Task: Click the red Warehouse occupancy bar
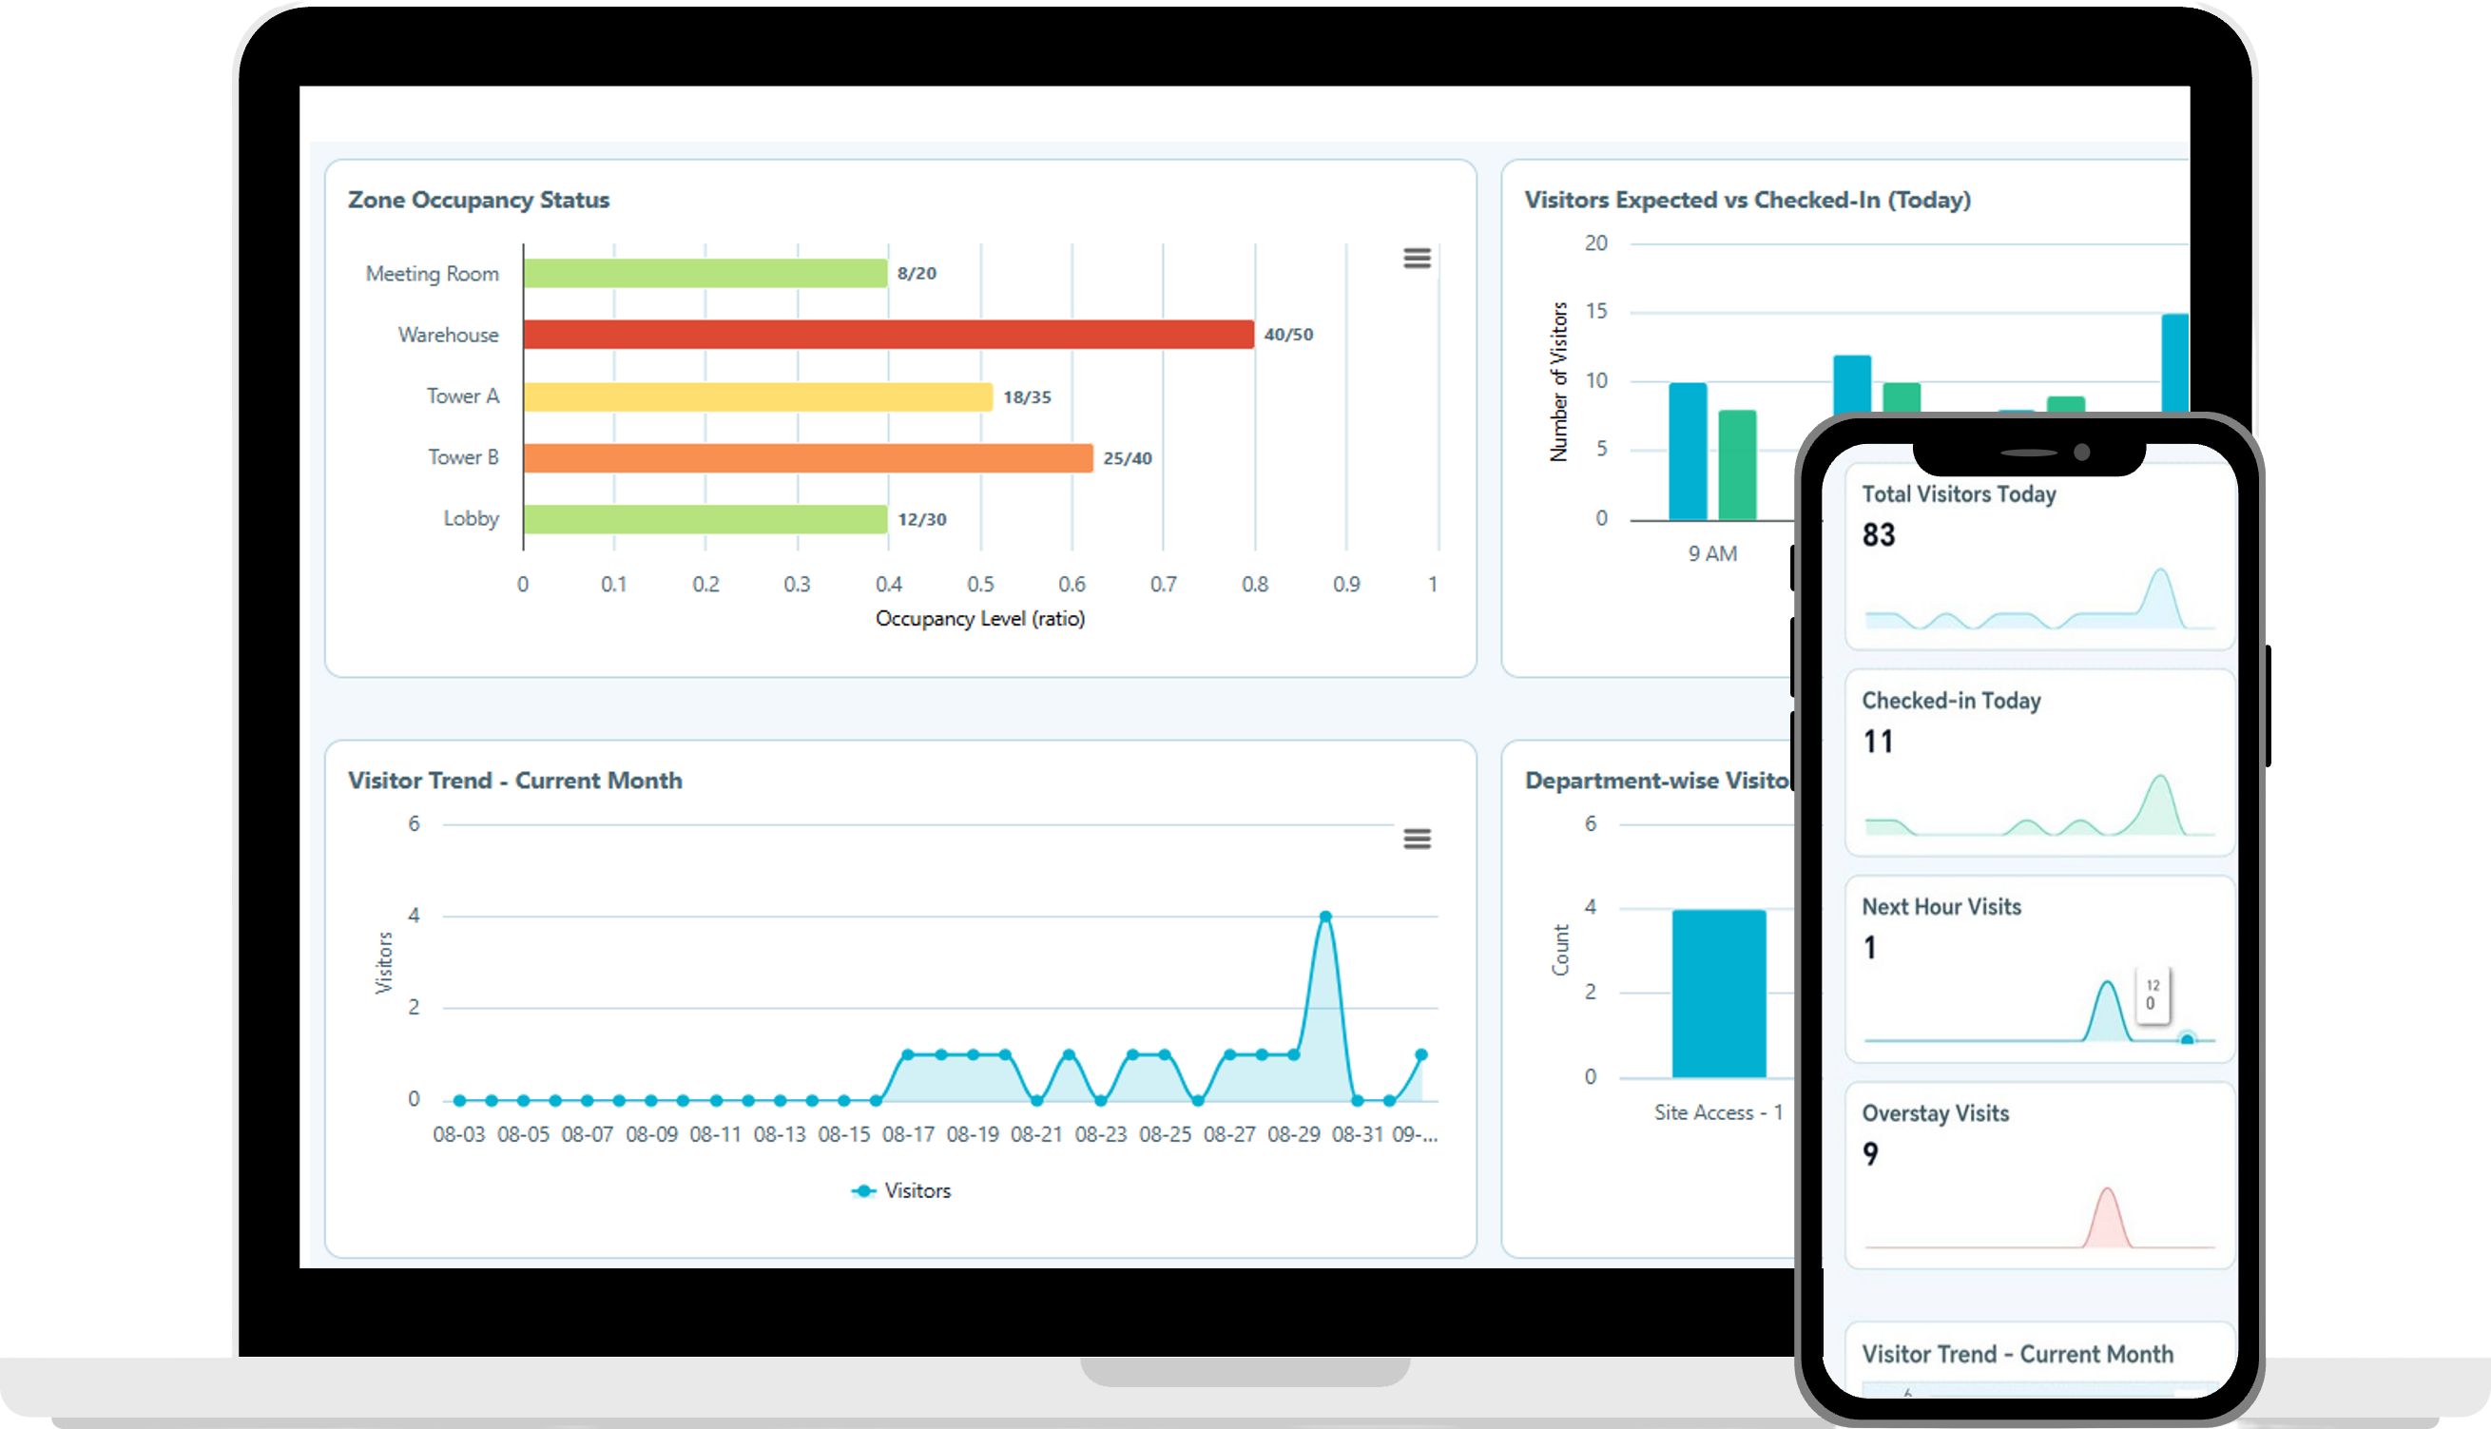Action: pyautogui.click(x=888, y=335)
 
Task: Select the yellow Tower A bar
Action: pyautogui.click(x=758, y=396)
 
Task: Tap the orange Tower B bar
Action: pyautogui.click(x=808, y=458)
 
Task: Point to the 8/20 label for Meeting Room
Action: pyautogui.click(x=917, y=273)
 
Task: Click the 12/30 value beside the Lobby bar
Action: pyautogui.click(x=921, y=519)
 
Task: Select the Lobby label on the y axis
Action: pyautogui.click(x=472, y=518)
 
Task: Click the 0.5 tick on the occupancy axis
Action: pyautogui.click(x=980, y=585)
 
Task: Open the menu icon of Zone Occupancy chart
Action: pyautogui.click(x=1417, y=258)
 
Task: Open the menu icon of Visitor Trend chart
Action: pyautogui.click(x=1417, y=840)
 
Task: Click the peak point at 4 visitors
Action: pyautogui.click(x=1325, y=917)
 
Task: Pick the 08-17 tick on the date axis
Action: pyautogui.click(x=908, y=1134)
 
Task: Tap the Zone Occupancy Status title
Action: pyautogui.click(x=479, y=201)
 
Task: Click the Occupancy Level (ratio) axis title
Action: pyautogui.click(x=979, y=619)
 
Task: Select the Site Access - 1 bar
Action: pyautogui.click(x=1719, y=994)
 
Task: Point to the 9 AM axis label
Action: pyautogui.click(x=1711, y=554)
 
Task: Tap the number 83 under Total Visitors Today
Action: pyautogui.click(x=1879, y=535)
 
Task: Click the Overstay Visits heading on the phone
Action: pyautogui.click(x=1936, y=1114)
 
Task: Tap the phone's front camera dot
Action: pyautogui.click(x=2082, y=453)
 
